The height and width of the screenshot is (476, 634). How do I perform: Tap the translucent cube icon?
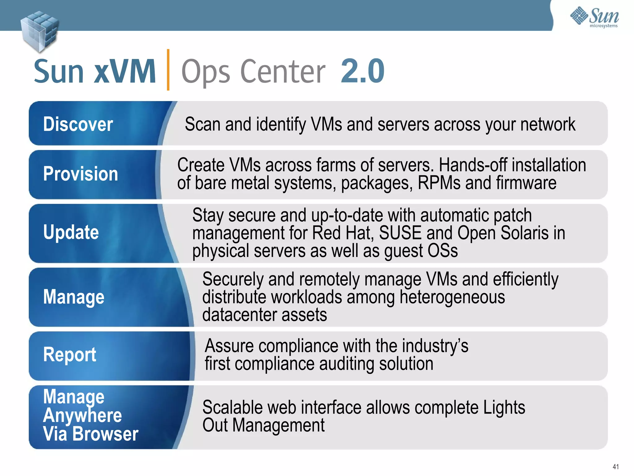tap(39, 31)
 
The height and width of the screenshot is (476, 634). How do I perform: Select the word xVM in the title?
tap(125, 72)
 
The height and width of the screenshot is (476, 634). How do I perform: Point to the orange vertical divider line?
tap(168, 70)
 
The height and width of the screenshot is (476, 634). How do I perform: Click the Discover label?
tap(78, 124)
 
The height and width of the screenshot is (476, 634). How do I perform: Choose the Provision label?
tap(80, 174)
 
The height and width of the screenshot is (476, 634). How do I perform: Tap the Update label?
tap(71, 232)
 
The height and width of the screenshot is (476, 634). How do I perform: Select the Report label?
tap(70, 355)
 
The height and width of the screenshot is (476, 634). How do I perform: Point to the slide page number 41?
tap(615, 467)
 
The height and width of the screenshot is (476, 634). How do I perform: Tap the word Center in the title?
tap(283, 72)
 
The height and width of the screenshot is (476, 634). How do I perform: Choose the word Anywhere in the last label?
tap(82, 415)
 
